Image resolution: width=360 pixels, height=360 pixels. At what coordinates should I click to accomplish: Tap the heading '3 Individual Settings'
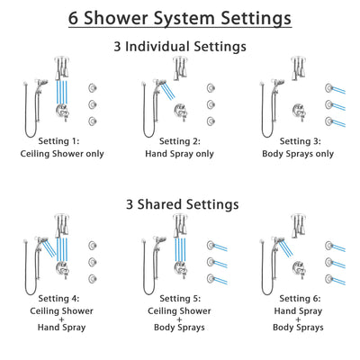pyautogui.click(x=180, y=47)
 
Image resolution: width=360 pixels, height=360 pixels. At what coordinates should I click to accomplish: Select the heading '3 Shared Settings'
pyautogui.click(x=180, y=204)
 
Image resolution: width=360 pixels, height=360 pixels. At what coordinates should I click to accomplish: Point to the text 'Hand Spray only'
pyautogui.click(x=181, y=154)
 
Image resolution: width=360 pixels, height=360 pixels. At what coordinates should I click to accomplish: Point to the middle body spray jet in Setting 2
pyautogui.click(x=211, y=104)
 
